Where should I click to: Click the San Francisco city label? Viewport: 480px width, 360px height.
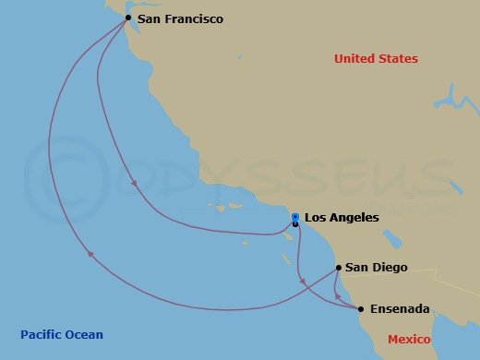[x=180, y=18]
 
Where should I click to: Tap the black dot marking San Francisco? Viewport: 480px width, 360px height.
[x=128, y=18]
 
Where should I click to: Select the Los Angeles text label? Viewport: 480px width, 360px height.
[x=342, y=218]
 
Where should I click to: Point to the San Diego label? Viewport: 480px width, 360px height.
[x=376, y=268]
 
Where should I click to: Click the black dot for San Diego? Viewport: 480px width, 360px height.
[x=339, y=268]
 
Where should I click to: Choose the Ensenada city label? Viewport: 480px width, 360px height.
[x=399, y=309]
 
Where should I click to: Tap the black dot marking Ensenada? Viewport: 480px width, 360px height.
[x=361, y=309]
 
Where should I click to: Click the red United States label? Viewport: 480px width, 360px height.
[x=376, y=59]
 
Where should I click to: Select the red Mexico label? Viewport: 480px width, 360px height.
[x=409, y=340]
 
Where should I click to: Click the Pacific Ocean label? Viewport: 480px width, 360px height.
[x=62, y=335]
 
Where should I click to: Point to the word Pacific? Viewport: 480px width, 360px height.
[x=42, y=335]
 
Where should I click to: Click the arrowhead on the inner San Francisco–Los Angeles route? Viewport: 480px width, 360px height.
[x=135, y=183]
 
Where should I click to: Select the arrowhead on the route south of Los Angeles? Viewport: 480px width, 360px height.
[x=302, y=279]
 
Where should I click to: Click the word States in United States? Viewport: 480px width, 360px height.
[x=400, y=59]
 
